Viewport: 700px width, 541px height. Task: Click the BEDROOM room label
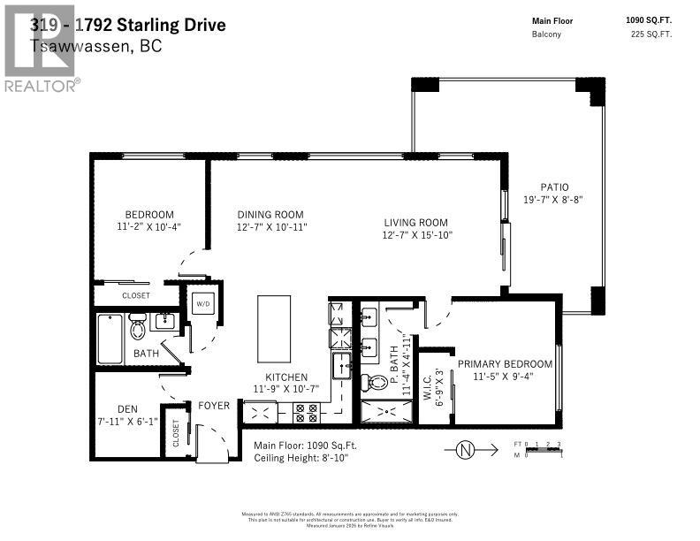148,215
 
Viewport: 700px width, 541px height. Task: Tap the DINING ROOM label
270,215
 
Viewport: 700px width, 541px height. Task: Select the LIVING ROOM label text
415,223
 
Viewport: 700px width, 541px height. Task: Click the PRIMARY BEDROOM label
505,364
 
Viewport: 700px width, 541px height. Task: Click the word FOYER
214,407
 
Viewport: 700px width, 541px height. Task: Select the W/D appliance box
202,303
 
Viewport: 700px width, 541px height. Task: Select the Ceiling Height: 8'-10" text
301,459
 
